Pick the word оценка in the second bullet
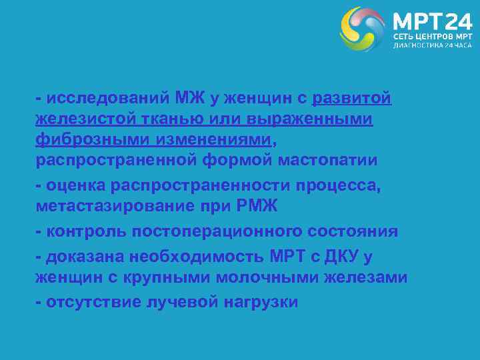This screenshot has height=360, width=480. coord(74,186)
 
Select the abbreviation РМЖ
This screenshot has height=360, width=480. coord(256,207)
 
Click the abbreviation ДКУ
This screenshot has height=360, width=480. coord(340,257)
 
